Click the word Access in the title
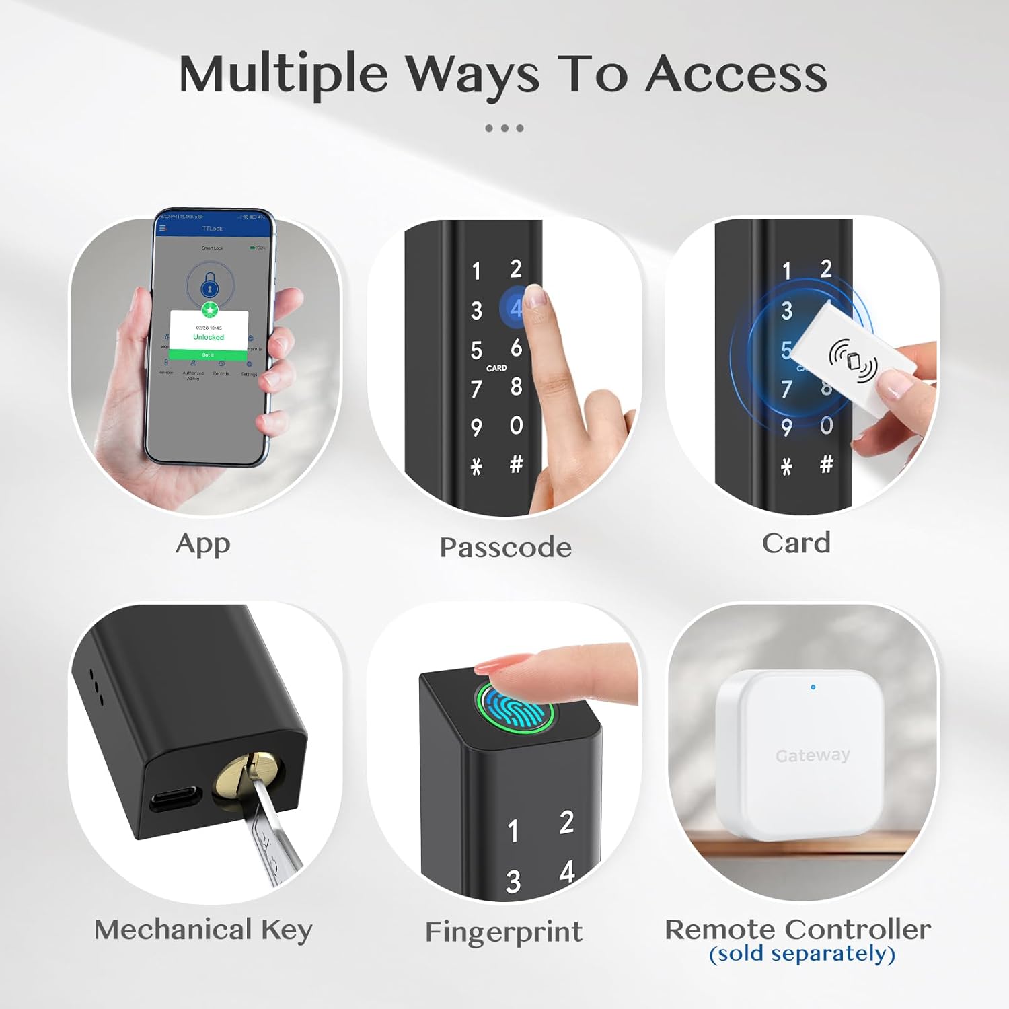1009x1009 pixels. point(737,74)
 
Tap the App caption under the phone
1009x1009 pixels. point(202,544)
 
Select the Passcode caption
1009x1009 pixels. point(505,547)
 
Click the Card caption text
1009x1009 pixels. point(796,543)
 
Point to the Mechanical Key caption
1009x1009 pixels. point(203,930)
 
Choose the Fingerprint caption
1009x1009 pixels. point(504,932)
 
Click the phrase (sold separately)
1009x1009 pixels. point(802,954)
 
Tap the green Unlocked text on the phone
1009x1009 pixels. point(209,337)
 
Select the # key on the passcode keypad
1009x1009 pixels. point(516,464)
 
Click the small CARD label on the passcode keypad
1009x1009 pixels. point(496,368)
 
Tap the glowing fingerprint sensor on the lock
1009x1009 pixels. point(515,708)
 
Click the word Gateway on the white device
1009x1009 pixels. point(813,755)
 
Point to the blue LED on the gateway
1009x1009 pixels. point(813,687)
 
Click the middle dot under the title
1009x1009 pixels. point(504,128)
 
